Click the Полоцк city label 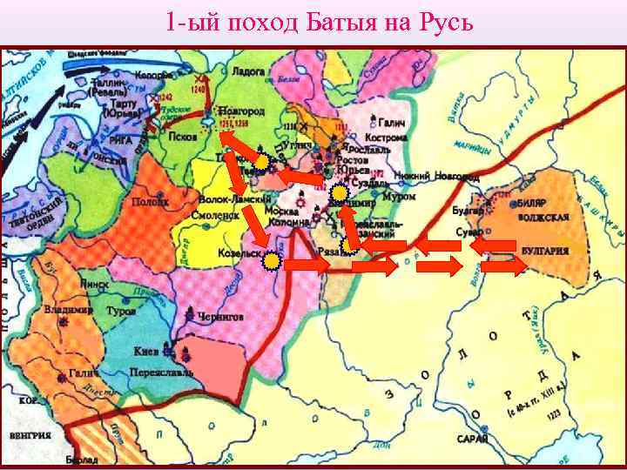click(150, 201)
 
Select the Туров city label click(120, 310)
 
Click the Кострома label click(388, 138)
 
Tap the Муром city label click(399, 198)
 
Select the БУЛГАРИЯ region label click(546, 250)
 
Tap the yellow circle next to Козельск click(273, 260)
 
